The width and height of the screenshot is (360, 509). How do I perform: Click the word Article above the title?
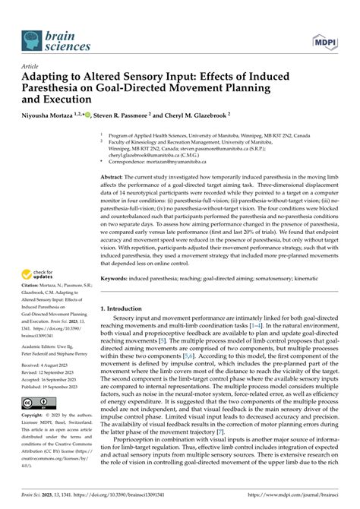(33, 67)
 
